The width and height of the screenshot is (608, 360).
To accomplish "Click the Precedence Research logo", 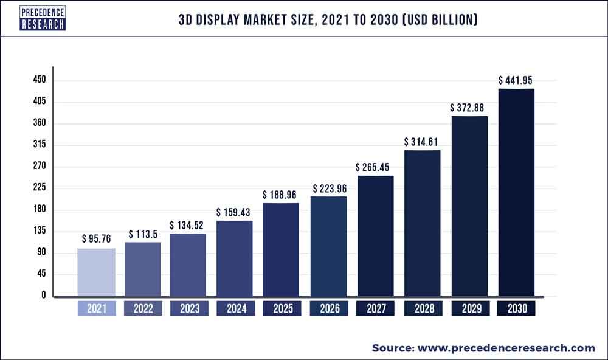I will pyautogui.click(x=42, y=18).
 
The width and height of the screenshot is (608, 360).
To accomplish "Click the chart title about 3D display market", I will pyautogui.click(x=328, y=21).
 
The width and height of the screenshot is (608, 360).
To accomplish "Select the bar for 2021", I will pyautogui.click(x=96, y=272).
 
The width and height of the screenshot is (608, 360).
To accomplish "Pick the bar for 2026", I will pyautogui.click(x=329, y=246).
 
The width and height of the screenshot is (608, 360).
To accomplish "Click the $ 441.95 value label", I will pyautogui.click(x=516, y=80).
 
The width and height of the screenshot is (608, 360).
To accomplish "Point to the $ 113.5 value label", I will pyautogui.click(x=143, y=234).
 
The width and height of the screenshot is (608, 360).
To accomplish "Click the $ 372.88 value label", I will pyautogui.click(x=469, y=108).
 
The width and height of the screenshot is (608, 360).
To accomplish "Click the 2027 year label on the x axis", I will pyautogui.click(x=376, y=309).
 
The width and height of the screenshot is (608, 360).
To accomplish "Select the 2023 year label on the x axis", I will pyautogui.click(x=189, y=309).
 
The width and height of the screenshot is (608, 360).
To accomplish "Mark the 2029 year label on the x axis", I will pyautogui.click(x=469, y=309).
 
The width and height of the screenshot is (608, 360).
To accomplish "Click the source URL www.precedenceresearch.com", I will pyautogui.click(x=505, y=348).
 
